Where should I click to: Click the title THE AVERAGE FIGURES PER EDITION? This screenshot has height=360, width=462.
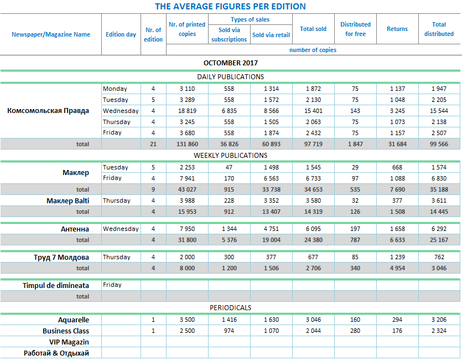tap(230, 7)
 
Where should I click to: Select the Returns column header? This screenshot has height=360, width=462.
tap(397, 29)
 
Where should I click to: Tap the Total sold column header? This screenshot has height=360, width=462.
tap(313, 29)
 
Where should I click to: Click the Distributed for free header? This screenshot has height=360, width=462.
tap(355, 29)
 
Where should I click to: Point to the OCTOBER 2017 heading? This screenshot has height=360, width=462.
tap(230, 63)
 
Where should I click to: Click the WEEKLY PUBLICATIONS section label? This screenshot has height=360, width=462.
tap(230, 155)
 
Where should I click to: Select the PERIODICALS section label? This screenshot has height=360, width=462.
tap(230, 307)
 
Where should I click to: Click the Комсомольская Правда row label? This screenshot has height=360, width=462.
tap(48, 110)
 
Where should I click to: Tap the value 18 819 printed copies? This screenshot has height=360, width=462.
tap(188, 111)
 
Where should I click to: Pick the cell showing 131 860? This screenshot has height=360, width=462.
tap(188, 144)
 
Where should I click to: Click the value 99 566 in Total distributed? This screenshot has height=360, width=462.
tap(439, 144)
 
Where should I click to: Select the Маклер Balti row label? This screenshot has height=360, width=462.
tap(68, 200)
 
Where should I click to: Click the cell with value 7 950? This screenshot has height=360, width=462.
tap(188, 229)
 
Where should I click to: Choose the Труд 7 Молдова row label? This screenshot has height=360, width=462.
tap(61, 257)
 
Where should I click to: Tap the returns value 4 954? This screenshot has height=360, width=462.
tap(397, 268)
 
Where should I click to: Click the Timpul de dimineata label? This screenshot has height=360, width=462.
tap(56, 285)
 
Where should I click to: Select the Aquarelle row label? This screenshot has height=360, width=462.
tap(74, 320)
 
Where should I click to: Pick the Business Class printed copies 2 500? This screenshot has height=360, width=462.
tap(188, 331)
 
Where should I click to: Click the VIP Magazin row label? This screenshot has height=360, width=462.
tap(69, 342)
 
